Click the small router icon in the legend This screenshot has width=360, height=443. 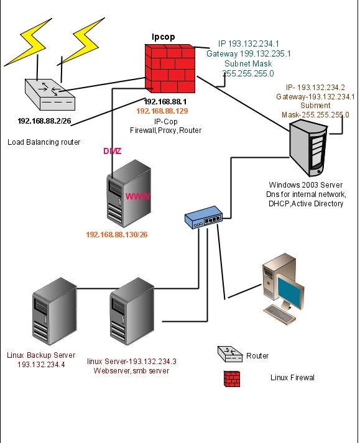pyautogui.click(x=229, y=355)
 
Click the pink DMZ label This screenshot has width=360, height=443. pyautogui.click(x=112, y=151)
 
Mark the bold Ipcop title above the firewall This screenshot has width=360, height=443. pyautogui.click(x=163, y=37)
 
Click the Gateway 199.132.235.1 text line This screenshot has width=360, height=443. pyautogui.click(x=248, y=54)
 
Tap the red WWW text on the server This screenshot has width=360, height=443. pyautogui.click(x=138, y=196)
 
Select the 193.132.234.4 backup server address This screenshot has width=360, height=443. pyautogui.click(x=42, y=364)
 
